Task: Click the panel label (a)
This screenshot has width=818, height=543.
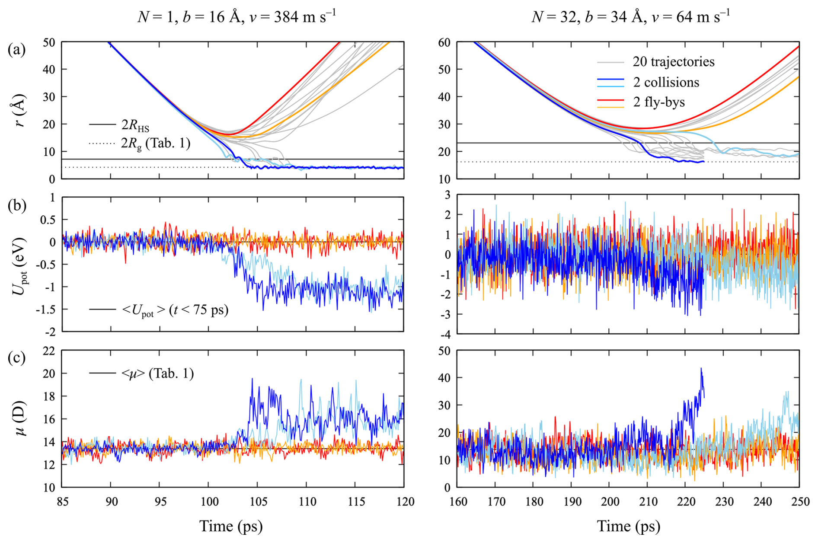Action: (x=16, y=50)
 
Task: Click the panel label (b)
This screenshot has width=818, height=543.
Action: (x=17, y=205)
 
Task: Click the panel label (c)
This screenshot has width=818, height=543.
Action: (x=16, y=358)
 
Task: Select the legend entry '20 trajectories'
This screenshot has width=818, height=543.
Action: (x=673, y=62)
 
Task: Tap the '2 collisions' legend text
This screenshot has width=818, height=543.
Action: (x=666, y=82)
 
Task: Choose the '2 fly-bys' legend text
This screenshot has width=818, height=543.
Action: (x=659, y=102)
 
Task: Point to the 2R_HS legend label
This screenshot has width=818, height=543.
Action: (x=135, y=125)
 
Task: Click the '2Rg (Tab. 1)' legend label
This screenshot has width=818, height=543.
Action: (x=156, y=143)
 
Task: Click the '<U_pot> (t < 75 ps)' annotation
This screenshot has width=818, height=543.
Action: (x=175, y=310)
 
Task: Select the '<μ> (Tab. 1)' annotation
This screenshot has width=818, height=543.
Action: (x=157, y=373)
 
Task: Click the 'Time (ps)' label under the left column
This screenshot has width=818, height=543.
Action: (x=231, y=526)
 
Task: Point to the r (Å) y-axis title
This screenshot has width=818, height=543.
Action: (x=19, y=110)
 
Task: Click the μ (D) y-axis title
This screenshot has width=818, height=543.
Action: (x=19, y=418)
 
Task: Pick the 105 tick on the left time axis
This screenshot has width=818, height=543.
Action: (x=258, y=502)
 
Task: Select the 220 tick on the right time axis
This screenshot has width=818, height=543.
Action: (x=686, y=502)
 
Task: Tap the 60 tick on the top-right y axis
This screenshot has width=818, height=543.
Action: (x=444, y=42)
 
